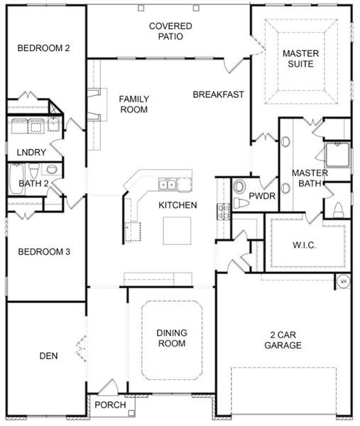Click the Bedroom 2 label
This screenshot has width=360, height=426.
tap(43, 48)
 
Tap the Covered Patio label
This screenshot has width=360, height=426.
tap(170, 31)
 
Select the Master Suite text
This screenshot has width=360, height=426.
tap(301, 59)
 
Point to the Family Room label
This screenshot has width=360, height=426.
tap(134, 104)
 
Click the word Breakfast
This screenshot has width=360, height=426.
tap(219, 94)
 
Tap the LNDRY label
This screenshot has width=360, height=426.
tap(31, 153)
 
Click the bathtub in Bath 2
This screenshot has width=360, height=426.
tap(16, 178)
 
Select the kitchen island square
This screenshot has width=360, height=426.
tap(177, 231)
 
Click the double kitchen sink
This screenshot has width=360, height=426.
tap(168, 185)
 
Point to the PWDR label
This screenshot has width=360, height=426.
tap(262, 196)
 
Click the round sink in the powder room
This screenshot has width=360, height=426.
tap(239, 187)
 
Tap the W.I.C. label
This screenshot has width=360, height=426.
tap(305, 246)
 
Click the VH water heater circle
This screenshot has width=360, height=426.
tap(344, 282)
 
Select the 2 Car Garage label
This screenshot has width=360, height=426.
tap(283, 340)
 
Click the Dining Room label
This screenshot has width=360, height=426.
tap(172, 338)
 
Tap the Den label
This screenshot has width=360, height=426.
tap(48, 356)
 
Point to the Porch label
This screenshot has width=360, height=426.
tap(110, 405)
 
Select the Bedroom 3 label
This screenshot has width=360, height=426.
tap(44, 252)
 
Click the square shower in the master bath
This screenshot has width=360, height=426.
tap(337, 155)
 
